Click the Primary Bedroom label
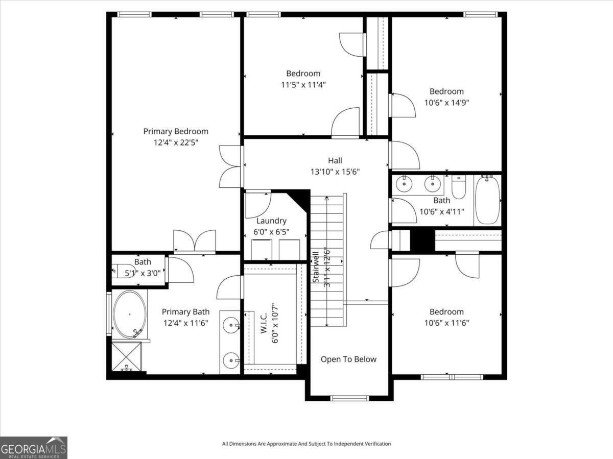175,131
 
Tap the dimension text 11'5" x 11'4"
303,85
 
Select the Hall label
335,160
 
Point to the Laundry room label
271,221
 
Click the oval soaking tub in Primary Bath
130,314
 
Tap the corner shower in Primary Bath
126,357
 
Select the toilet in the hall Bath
459,187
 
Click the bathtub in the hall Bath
487,200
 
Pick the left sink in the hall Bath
404,182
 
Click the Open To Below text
348,359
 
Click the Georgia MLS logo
34,447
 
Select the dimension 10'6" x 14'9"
446,102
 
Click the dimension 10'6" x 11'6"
446,323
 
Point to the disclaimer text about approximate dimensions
306,444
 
